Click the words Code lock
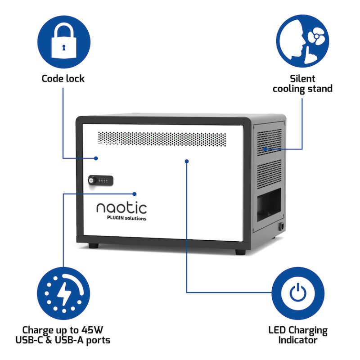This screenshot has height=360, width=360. tap(63, 79)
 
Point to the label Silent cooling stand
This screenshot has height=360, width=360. tap(302, 84)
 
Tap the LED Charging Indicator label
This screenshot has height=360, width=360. tap(298, 335)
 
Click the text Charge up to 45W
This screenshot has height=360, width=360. tap(63, 330)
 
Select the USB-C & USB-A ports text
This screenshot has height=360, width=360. tap(63, 340)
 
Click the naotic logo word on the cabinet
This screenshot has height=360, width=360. tap(121, 207)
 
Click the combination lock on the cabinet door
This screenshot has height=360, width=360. tap(100, 180)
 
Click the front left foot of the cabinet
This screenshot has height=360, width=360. tap(94, 246)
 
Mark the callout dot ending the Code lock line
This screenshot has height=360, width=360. tap(96, 158)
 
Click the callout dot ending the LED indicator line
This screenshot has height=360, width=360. tap(187, 160)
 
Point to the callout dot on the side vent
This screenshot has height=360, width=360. tap(265, 148)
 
